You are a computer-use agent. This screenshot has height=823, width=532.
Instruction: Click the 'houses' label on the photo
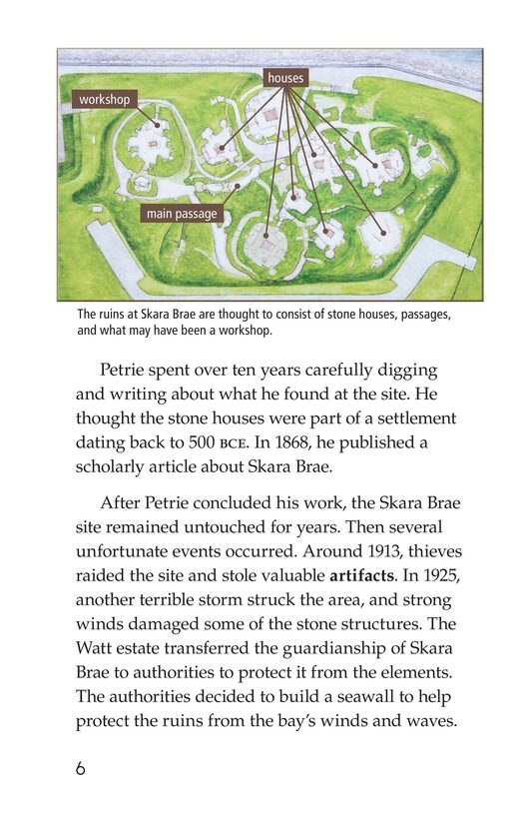point(285,77)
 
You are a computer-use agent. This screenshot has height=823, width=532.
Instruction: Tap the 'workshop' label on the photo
point(105,100)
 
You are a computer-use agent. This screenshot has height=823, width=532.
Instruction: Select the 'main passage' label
point(181,213)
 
